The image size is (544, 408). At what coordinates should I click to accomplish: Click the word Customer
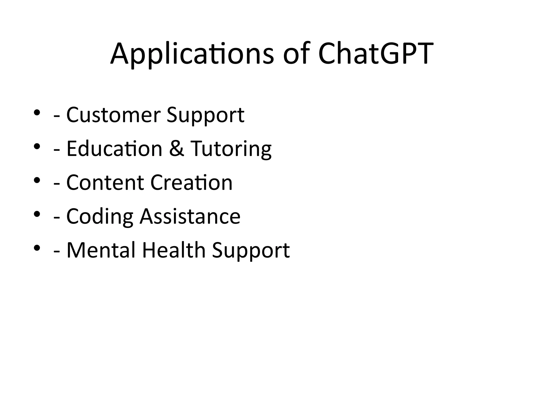pos(113,115)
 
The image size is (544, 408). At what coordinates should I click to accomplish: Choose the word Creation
pos(192,182)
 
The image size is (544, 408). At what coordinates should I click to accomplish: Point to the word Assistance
pos(190,216)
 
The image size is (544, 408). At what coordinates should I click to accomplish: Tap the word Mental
pos(101,250)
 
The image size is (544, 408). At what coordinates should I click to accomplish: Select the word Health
pos(174,250)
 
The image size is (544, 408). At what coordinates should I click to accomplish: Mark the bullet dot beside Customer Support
pos(37,112)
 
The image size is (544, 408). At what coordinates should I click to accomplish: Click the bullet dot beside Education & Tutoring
pos(37,146)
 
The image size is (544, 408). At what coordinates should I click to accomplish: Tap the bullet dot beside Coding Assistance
pos(37,214)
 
